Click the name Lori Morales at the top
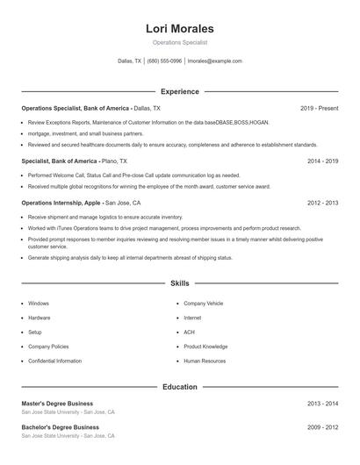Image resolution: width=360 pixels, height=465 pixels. (179, 29)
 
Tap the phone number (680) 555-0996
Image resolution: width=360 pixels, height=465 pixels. (164, 61)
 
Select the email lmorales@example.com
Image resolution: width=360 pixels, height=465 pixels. (215, 61)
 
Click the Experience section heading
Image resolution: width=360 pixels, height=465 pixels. (179, 91)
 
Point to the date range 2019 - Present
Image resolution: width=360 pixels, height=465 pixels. (319, 108)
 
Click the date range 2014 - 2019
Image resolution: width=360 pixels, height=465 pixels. (322, 161)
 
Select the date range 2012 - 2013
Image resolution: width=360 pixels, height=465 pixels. (322, 202)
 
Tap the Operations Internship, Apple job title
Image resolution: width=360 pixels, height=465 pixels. (61, 202)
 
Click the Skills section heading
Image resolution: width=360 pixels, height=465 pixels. (179, 283)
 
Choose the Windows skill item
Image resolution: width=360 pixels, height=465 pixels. (39, 303)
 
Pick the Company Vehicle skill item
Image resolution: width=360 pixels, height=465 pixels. (204, 303)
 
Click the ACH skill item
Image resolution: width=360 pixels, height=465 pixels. (189, 332)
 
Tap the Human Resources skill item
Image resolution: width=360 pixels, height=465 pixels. (204, 361)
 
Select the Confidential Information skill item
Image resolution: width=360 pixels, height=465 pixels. (54, 361)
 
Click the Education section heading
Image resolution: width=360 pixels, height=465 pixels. (179, 386)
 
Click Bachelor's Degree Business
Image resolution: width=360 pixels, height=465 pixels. (60, 427)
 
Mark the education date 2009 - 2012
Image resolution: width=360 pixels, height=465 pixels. (322, 427)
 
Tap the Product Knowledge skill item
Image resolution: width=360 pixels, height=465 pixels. (205, 347)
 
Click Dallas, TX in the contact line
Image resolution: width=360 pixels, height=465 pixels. (129, 61)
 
